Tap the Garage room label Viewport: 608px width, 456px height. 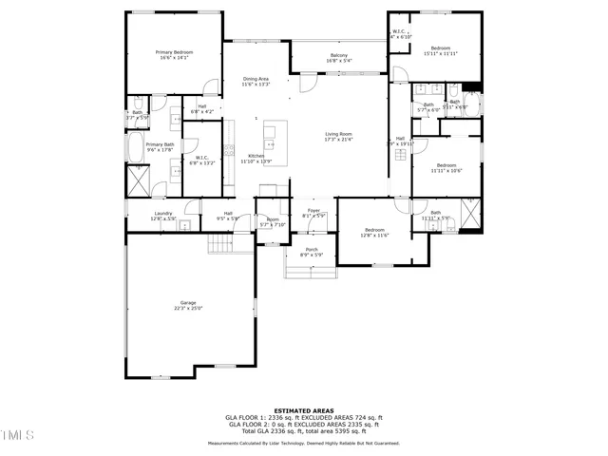pyautogui.click(x=188, y=303)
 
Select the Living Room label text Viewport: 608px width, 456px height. pyautogui.click(x=339, y=134)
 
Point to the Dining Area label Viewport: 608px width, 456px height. pyautogui.click(x=256, y=79)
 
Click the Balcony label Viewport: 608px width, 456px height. pyautogui.click(x=338, y=56)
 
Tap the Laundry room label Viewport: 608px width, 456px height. pyautogui.click(x=163, y=214)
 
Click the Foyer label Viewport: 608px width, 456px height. pyautogui.click(x=313, y=211)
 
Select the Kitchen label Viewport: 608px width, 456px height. pyautogui.click(x=256, y=156)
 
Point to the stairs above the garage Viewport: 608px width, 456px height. pyautogui.click(x=220, y=244)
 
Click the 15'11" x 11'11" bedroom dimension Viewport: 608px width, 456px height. pyautogui.click(x=440, y=54)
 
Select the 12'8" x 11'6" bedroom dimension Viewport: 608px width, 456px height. pyautogui.click(x=375, y=235)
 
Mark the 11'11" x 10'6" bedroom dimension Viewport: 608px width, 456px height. pyautogui.click(x=446, y=171)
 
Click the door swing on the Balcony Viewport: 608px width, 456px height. pyautogui.click(x=307, y=84)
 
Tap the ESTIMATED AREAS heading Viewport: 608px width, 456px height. pyautogui.click(x=304, y=410)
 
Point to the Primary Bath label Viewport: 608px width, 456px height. pyautogui.click(x=160, y=144)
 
